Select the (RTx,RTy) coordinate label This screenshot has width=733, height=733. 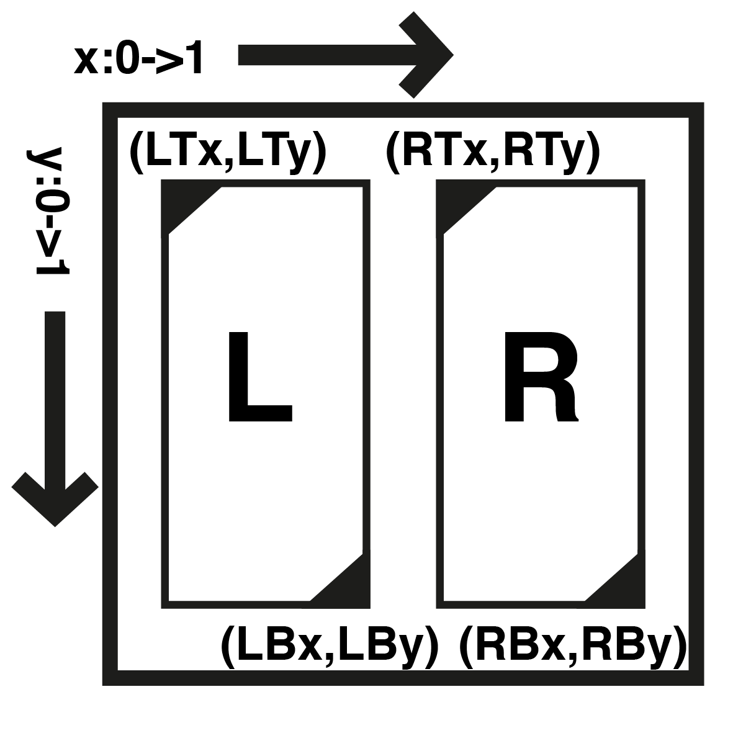493,152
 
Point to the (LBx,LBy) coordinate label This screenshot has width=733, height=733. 330,647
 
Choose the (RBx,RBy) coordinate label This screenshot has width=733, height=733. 572,647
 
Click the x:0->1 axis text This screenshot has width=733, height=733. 139,61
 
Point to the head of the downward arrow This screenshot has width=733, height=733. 55,497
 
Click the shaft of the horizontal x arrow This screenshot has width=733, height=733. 323,55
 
